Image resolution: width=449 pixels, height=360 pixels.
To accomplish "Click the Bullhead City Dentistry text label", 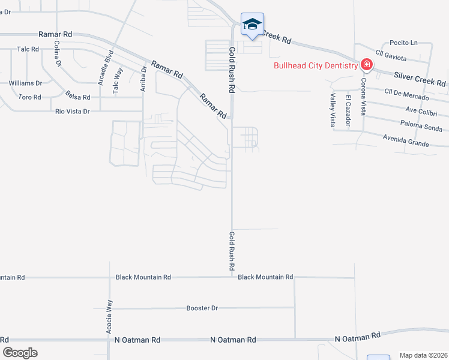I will (316, 65).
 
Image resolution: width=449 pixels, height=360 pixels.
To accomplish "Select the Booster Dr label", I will (202, 308).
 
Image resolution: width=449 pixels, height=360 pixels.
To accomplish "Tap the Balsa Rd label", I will (78, 97).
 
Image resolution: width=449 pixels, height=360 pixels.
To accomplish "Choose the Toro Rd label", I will (29, 97).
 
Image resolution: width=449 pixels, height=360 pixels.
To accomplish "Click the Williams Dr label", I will (25, 83).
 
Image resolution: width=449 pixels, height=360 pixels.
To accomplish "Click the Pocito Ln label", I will (403, 43).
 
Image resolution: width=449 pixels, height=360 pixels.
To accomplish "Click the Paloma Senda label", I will (424, 125).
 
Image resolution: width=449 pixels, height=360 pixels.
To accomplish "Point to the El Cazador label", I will (348, 112).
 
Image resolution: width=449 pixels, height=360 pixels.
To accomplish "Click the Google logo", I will (20, 352).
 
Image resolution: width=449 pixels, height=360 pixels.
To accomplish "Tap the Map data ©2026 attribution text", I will (423, 355).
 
